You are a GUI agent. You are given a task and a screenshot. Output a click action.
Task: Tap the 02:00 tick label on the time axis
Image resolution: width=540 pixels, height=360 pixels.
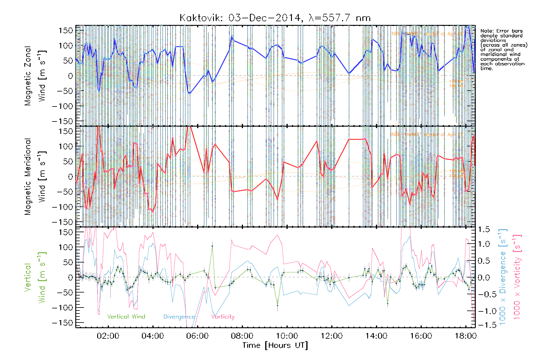click(x=108, y=336)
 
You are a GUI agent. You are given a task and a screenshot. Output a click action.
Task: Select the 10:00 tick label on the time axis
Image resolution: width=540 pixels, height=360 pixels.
click(x=287, y=336)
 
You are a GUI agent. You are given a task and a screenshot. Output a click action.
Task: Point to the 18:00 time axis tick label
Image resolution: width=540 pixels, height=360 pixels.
click(x=466, y=336)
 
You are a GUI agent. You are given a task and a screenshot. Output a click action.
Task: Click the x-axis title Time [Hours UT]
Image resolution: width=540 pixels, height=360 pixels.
click(x=275, y=345)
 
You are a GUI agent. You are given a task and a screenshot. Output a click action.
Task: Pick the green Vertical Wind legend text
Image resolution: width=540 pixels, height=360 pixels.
click(x=126, y=317)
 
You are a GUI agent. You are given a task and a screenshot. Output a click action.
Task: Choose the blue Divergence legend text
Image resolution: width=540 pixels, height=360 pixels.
click(x=179, y=317)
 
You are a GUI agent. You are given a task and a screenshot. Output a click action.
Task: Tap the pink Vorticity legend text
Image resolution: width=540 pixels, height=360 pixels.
click(x=223, y=317)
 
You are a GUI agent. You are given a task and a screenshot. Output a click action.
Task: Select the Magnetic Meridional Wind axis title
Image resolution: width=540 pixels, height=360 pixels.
click(x=34, y=177)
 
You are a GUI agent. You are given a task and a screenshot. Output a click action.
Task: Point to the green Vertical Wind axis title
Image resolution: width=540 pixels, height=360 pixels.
click(x=34, y=277)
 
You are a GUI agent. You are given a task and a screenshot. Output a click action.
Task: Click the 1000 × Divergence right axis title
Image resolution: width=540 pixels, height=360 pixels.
click(x=503, y=277)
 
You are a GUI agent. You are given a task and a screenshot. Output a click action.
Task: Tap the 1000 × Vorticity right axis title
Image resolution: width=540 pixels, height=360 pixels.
click(x=517, y=277)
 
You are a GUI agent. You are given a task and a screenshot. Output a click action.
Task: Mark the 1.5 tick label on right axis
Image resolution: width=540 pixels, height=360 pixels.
click(x=484, y=229)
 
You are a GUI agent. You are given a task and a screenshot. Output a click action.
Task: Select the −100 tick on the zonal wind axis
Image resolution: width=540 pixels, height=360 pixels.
click(x=62, y=106)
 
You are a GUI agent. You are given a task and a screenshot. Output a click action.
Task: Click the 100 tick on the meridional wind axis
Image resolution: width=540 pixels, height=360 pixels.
click(x=65, y=146)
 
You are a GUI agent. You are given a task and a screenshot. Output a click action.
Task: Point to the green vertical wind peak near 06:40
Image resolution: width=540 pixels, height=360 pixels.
click(x=212, y=246)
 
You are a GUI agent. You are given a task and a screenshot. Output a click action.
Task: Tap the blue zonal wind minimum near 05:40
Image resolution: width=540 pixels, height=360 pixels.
click(x=189, y=93)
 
